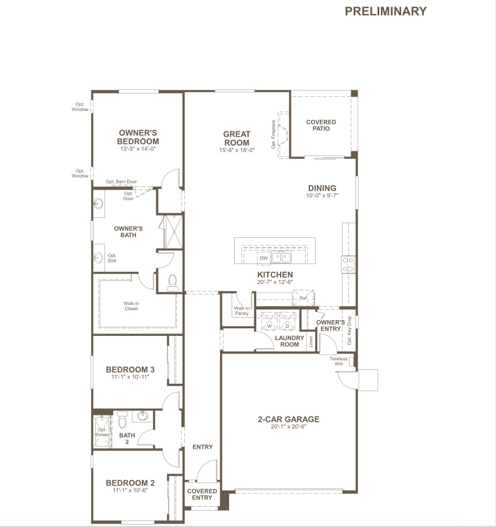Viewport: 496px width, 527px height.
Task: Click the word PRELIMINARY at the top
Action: [x=386, y=11]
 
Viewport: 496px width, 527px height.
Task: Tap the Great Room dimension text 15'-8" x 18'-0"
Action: [x=237, y=150]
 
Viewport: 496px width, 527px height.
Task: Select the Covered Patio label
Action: [x=321, y=125]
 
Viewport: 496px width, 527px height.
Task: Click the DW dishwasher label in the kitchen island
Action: [x=264, y=258]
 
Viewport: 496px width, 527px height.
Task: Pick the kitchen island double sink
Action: [x=281, y=258]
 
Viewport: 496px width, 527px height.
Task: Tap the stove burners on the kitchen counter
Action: [x=348, y=265]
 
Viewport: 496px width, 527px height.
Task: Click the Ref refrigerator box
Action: [x=303, y=298]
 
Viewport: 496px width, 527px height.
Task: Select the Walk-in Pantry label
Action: [x=242, y=311]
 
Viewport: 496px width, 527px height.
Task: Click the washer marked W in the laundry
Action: [x=269, y=321]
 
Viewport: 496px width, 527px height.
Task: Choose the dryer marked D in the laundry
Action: [x=287, y=321]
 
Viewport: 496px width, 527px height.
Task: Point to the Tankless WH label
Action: [x=338, y=361]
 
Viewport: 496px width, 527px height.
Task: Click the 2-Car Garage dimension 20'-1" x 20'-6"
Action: [x=289, y=427]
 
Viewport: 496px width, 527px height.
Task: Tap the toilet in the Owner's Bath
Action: [x=173, y=283]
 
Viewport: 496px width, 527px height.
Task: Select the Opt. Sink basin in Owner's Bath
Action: [x=98, y=258]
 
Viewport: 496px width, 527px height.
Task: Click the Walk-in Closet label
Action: [x=131, y=306]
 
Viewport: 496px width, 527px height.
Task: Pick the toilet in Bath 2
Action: [x=123, y=419]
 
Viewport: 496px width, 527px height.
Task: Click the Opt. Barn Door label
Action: [x=121, y=182]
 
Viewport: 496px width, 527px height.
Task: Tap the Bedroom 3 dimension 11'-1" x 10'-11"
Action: [x=130, y=377]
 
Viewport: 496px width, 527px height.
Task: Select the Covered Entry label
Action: [x=202, y=494]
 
